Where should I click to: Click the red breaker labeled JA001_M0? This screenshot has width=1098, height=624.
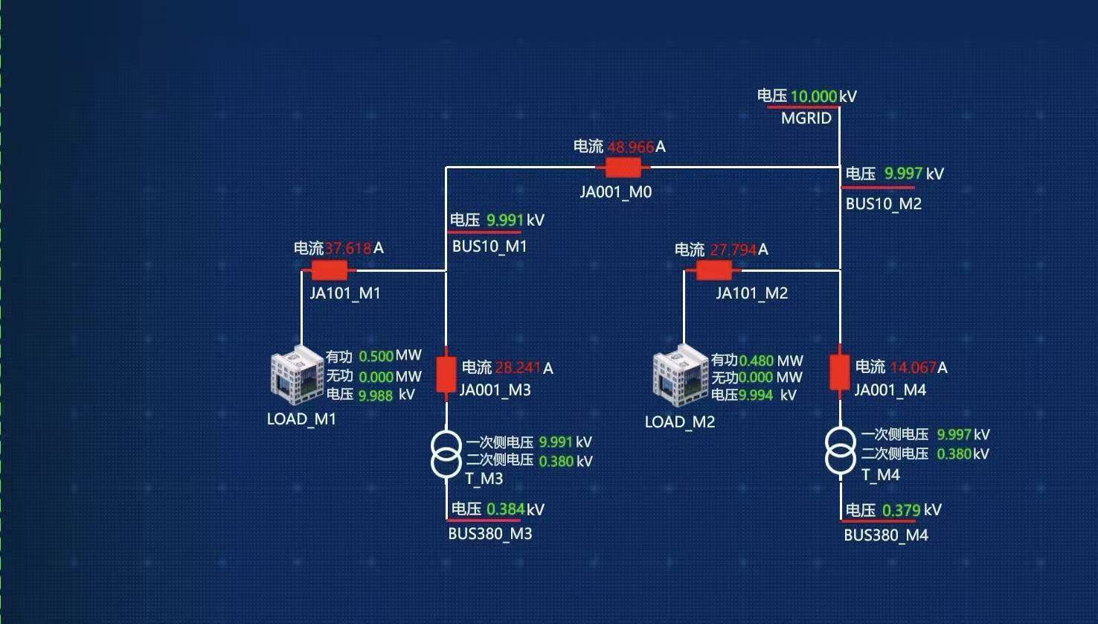623,168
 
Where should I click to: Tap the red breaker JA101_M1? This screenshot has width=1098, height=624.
329,270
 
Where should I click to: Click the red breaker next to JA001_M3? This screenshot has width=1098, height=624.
446,374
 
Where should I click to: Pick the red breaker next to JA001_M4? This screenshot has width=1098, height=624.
839,372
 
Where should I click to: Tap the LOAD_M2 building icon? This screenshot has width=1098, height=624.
680,376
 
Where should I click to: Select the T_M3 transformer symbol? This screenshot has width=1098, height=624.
446,454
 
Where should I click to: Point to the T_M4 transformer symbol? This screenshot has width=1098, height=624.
840,451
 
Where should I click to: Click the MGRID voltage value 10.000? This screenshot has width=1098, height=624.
813,96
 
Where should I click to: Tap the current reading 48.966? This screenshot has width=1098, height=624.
630,147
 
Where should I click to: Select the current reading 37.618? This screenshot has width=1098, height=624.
347,249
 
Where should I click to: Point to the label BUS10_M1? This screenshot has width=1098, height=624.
489,246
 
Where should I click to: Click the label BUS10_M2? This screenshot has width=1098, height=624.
883,204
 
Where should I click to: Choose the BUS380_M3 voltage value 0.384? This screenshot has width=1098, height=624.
505,509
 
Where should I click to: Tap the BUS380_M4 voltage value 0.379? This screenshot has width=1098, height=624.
901,511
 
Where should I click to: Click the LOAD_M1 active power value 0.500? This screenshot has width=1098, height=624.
376,357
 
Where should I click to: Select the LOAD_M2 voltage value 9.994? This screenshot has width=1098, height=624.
756,395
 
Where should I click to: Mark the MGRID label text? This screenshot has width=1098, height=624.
806,118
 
